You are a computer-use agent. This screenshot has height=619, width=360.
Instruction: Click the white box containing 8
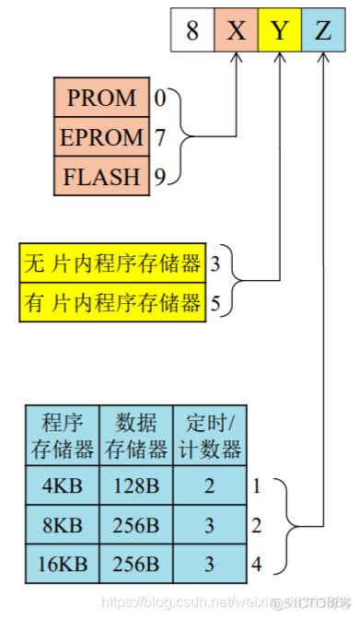(192, 30)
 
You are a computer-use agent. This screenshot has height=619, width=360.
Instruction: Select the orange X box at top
(237, 30)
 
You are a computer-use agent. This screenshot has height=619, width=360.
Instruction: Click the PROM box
(103, 98)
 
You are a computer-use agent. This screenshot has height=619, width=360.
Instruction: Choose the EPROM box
(103, 137)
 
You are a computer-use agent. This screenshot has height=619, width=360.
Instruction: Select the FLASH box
(103, 175)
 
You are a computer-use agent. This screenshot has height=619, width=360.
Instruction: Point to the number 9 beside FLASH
(159, 176)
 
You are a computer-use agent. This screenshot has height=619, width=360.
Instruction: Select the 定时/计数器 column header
(210, 437)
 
